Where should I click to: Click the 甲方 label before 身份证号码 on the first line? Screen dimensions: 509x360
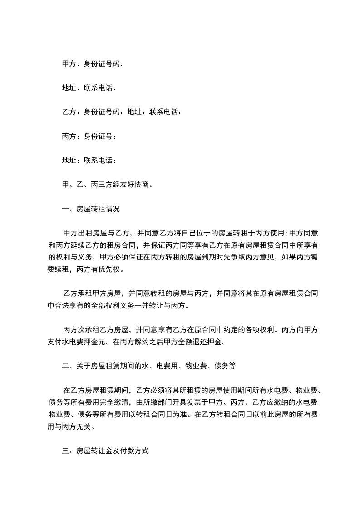(x=69, y=64)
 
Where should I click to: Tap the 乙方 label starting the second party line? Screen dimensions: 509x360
(x=69, y=112)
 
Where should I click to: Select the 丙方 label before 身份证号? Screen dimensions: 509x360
(x=69, y=136)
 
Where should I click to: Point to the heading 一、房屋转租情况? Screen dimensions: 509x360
(x=91, y=209)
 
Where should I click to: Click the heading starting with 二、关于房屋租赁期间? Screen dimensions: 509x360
(x=149, y=365)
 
